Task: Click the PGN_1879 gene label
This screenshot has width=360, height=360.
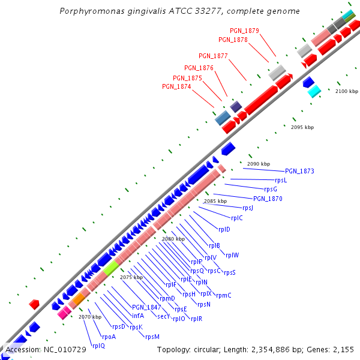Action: (x=244, y=31)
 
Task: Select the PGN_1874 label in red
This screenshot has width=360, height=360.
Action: (x=176, y=87)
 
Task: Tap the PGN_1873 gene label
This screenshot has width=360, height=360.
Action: (x=299, y=172)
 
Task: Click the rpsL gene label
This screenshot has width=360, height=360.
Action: (x=281, y=181)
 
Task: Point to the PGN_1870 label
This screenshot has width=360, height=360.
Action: (x=268, y=199)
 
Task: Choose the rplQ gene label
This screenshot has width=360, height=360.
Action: (x=98, y=346)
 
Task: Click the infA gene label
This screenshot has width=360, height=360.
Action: (x=138, y=316)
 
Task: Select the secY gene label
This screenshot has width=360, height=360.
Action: (x=164, y=316)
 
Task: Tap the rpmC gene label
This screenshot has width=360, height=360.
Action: (x=224, y=295)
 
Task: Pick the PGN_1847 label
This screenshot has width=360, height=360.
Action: (x=146, y=307)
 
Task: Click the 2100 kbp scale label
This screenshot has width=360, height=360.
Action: (x=346, y=91)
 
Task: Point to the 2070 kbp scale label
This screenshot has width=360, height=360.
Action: (x=90, y=317)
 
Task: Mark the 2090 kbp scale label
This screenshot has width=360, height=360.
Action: (x=259, y=164)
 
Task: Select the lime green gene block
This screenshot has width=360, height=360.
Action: (x=111, y=269)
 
